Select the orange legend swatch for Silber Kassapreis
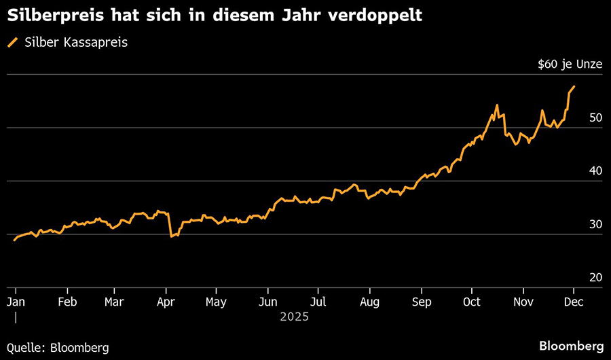coord(12,43)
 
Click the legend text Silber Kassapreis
coord(76,43)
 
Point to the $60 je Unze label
coord(569,65)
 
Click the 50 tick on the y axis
coord(595,118)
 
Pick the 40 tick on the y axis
coord(595,170)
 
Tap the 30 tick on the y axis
coord(595,224)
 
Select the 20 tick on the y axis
coord(595,277)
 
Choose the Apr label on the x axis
coord(166,301)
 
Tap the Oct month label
coord(472,301)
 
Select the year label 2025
coord(294,317)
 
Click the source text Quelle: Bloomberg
coord(58,347)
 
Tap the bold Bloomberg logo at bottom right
coord(571,346)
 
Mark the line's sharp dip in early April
coord(171,236)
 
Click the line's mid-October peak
coord(497,105)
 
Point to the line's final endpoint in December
coord(574,86)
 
